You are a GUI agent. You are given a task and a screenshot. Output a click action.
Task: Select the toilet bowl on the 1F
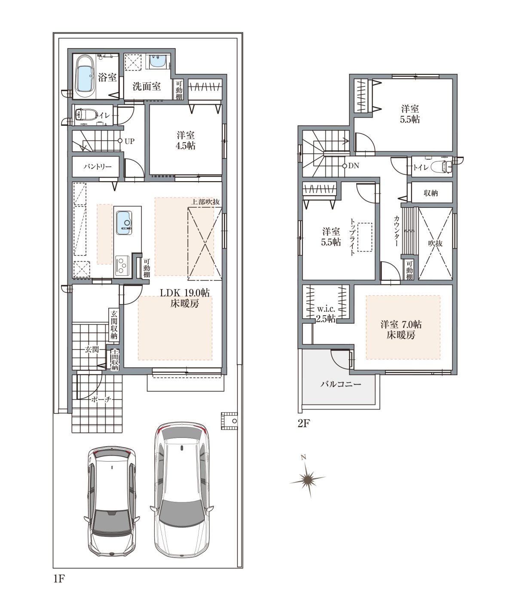[x=86, y=115]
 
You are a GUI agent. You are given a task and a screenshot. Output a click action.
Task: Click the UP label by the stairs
[x=129, y=141]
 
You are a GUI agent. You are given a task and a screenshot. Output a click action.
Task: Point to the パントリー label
[x=98, y=167]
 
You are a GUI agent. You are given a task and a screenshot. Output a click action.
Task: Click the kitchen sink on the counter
[x=124, y=223]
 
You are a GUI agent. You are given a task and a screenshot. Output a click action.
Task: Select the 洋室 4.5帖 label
[x=185, y=140]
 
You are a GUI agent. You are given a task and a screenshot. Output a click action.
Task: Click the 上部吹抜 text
[x=205, y=201]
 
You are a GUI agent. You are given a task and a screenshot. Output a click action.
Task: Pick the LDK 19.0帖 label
[x=184, y=293]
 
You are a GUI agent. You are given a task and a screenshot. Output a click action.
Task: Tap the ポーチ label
[x=101, y=399]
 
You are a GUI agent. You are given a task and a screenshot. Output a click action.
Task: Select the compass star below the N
[x=308, y=478]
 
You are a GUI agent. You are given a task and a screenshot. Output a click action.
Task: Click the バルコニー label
[x=341, y=384]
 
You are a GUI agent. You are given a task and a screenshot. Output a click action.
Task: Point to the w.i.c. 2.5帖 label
[x=326, y=313]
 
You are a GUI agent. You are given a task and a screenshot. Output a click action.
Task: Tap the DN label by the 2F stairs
[x=354, y=166]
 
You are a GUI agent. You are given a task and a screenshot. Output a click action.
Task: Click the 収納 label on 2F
[x=431, y=193]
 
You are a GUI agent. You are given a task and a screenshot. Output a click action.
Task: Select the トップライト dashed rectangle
[x=365, y=237]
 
